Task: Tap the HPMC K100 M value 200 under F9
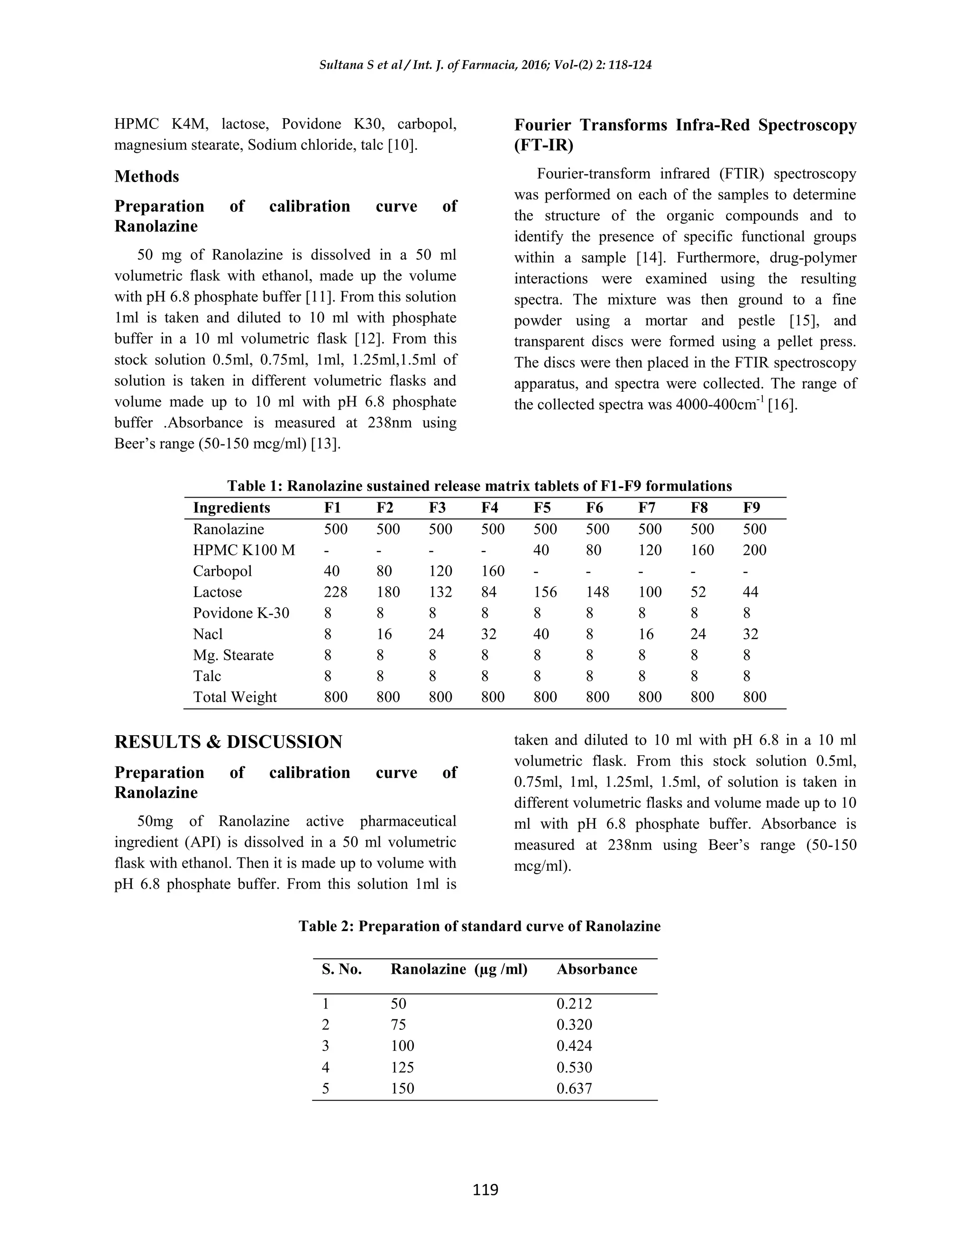tap(754, 550)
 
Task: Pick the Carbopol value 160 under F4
tap(493, 571)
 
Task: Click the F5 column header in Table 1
tap(542, 508)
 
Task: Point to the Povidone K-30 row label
tap(241, 613)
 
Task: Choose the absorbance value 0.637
tap(574, 1088)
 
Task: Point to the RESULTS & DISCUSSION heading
tap(229, 741)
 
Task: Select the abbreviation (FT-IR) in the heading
tap(544, 145)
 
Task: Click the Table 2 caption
tap(479, 926)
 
